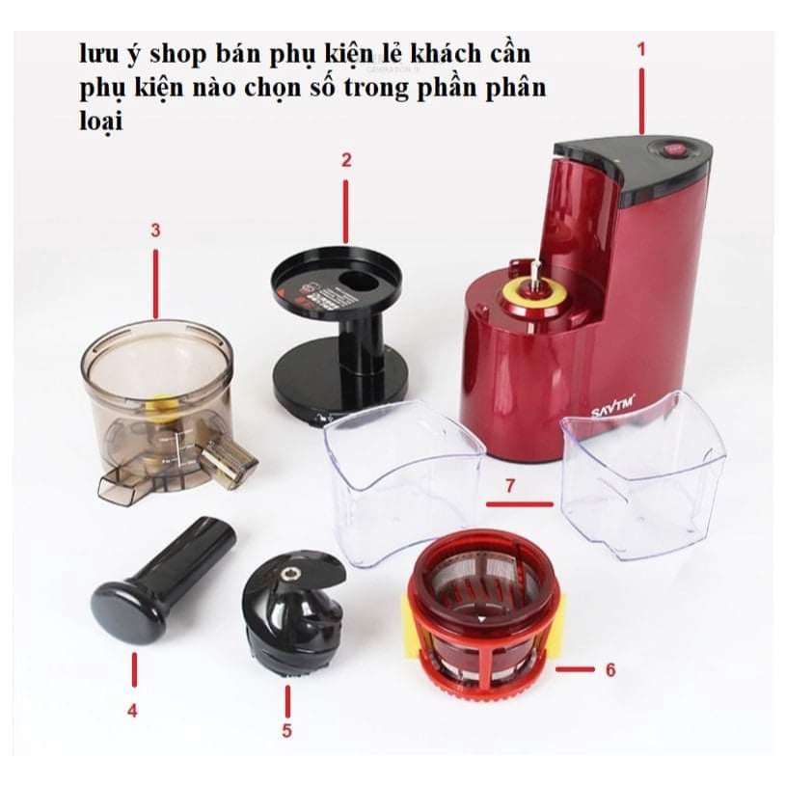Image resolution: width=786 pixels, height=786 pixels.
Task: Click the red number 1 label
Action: [641, 46]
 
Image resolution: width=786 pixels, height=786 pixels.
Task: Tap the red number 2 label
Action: [346, 160]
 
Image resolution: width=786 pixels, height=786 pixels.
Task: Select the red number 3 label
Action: [155, 230]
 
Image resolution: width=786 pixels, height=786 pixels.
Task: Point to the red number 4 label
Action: [132, 711]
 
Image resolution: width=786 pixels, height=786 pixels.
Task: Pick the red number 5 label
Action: [286, 730]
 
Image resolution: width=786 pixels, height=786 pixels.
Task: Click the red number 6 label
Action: [609, 668]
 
